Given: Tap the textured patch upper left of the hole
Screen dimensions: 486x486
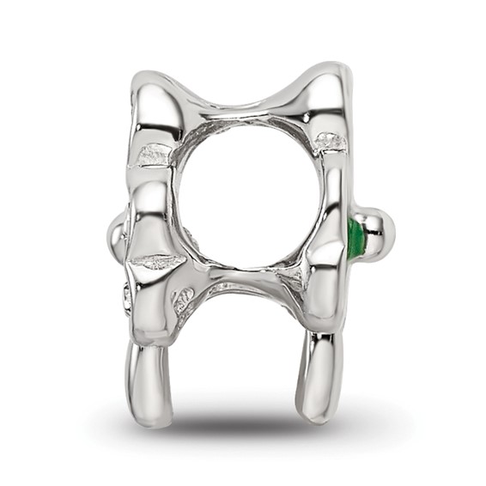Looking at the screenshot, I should tap(156, 155).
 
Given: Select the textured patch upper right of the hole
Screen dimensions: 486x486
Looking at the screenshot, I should tap(330, 141).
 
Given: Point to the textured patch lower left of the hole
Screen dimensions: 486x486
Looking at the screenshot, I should tap(183, 300).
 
